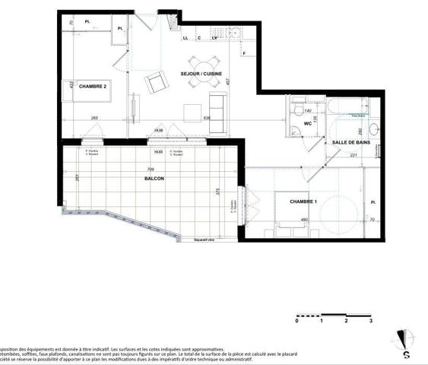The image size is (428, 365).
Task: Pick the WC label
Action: [x=308, y=123]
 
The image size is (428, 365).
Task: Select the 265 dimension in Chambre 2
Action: [x=94, y=118]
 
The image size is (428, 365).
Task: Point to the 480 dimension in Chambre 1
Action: [x=304, y=221]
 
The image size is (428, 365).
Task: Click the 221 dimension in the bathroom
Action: [x=353, y=155]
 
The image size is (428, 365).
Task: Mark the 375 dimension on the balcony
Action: [x=218, y=192]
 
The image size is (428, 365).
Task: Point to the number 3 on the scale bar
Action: [x=370, y=322]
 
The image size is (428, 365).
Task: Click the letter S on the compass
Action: [x=406, y=354]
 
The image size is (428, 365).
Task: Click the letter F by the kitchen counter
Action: [x=245, y=53]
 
